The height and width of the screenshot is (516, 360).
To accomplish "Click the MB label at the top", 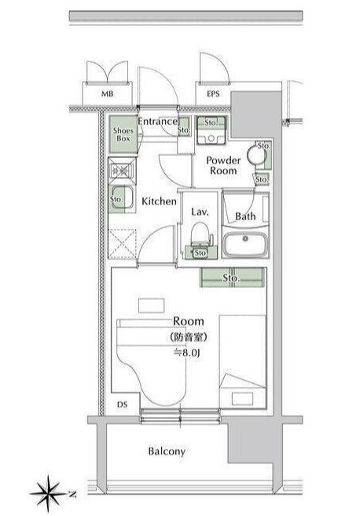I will click(106, 94).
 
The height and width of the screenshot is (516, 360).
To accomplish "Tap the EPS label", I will click(213, 94).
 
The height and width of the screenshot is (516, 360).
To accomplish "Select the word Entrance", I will click(157, 122).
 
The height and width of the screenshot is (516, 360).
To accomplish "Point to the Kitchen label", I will click(158, 201).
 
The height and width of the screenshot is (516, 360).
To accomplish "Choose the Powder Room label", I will click(222, 164).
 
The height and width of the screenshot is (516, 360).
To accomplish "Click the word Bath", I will click(246, 216).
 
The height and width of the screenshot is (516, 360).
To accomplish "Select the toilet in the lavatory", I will click(200, 235).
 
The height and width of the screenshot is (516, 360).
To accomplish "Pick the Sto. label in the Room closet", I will click(230, 278).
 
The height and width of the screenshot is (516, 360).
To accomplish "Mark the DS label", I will click(122, 404).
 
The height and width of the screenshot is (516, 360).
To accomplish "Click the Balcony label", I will click(167, 451).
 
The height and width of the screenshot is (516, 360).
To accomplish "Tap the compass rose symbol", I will click(49, 494).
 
